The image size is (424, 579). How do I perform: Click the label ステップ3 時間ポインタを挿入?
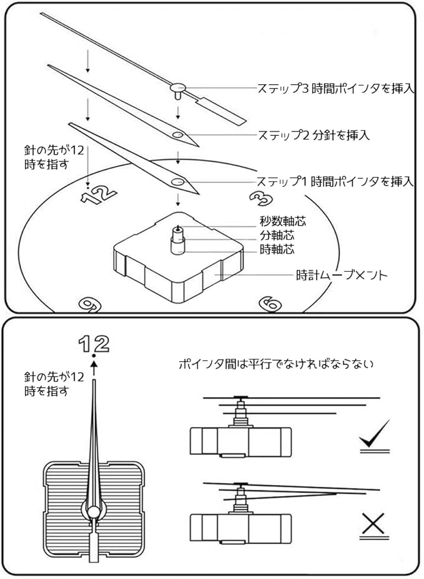click(335, 89)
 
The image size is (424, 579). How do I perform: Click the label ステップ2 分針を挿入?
click(313, 135)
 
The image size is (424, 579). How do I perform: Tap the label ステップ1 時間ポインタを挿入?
click(335, 181)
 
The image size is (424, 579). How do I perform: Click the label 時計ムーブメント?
click(342, 274)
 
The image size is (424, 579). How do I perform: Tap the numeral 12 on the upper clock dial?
click(98, 194)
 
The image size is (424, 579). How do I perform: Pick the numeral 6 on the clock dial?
click(270, 304)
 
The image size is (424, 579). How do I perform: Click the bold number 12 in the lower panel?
click(94, 343)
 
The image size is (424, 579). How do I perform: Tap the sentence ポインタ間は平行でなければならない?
click(275, 363)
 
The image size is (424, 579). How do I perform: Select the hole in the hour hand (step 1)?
click(177, 182)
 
